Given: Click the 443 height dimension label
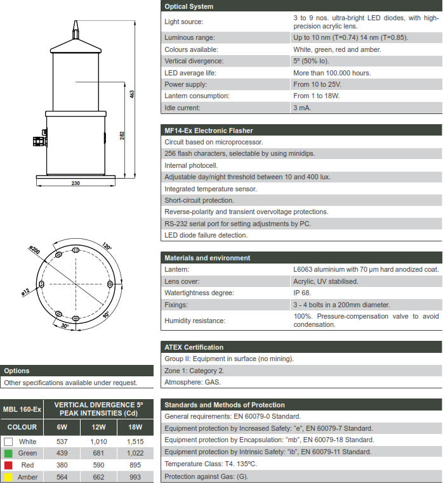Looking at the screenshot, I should (132, 94).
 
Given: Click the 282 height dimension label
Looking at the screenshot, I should (122, 135).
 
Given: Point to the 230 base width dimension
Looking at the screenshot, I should (76, 183).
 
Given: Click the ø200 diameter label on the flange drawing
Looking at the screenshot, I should (35, 252).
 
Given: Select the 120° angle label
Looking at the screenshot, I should (106, 247).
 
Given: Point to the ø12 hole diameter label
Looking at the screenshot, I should (25, 291).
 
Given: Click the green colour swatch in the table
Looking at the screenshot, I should (8, 453).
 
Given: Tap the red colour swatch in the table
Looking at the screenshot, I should (8, 465).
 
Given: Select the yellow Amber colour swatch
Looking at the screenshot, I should (8, 477).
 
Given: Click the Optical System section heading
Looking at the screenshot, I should (188, 6).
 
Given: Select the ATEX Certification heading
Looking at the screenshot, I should (194, 347).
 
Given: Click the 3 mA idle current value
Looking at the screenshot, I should (302, 108).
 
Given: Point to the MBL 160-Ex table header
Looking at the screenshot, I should (22, 409).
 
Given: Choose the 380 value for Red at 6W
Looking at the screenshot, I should (62, 465).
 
